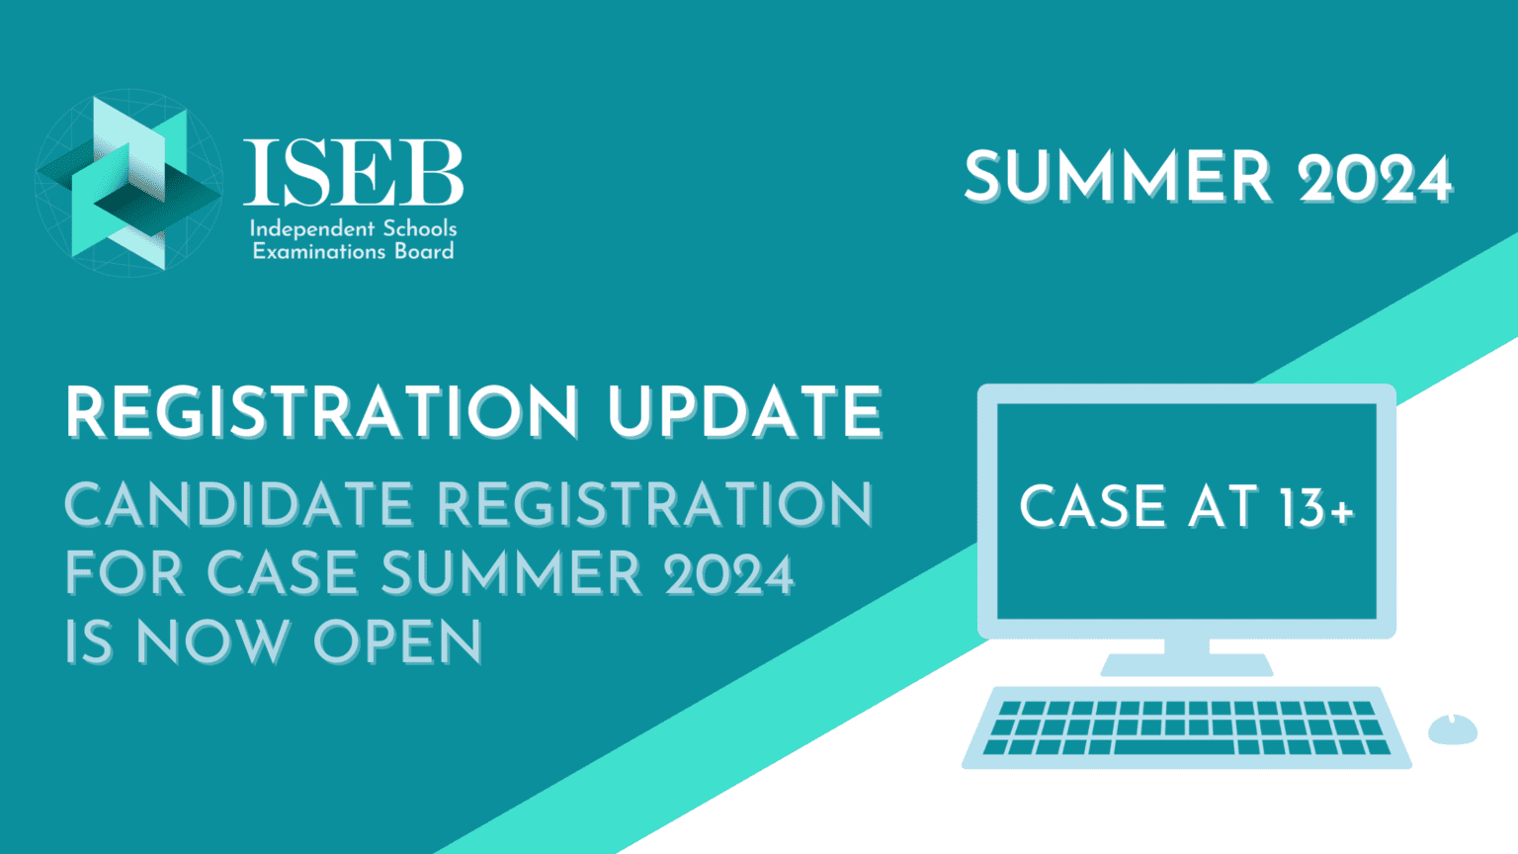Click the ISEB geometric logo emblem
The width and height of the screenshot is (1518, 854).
pos(128,184)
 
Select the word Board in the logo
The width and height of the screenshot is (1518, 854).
pos(424,251)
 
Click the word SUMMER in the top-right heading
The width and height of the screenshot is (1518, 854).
pos(1118,178)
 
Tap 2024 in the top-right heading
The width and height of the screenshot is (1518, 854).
pos(1375,180)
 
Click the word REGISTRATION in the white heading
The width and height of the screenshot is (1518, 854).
pos(322,412)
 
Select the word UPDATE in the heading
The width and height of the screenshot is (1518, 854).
pos(744,412)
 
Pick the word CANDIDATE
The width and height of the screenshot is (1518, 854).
pos(238,505)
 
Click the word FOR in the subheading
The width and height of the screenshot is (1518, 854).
pos(125,573)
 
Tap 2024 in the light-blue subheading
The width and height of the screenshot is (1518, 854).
pos(729,574)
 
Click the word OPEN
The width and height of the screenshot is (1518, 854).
pos(398,642)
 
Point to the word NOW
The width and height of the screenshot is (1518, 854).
pos(212,642)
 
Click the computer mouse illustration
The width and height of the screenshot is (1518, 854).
pos(1452,729)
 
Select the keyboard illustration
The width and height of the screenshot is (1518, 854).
pos(1186,727)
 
